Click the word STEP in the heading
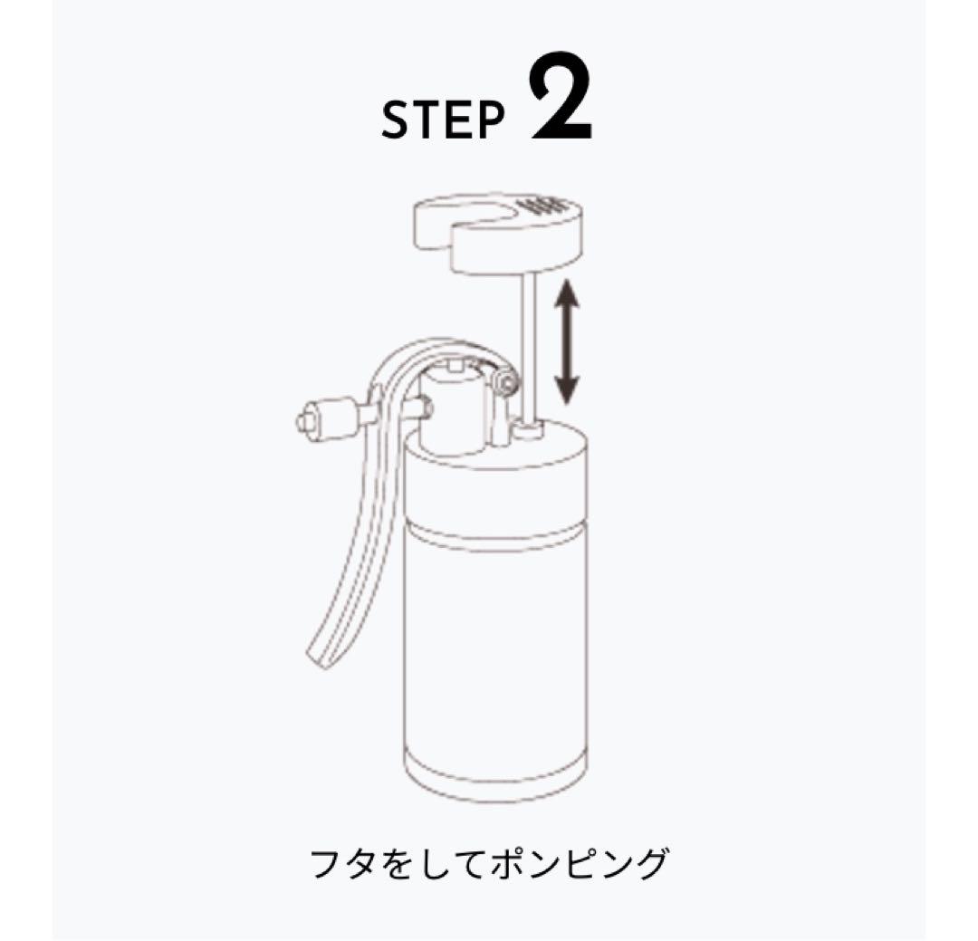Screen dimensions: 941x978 click(442, 121)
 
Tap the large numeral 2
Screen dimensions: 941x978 click(561, 101)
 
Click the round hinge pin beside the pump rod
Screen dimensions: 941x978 click(504, 385)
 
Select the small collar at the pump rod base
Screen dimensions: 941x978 click(527, 429)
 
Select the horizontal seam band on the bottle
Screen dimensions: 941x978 click(494, 533)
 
